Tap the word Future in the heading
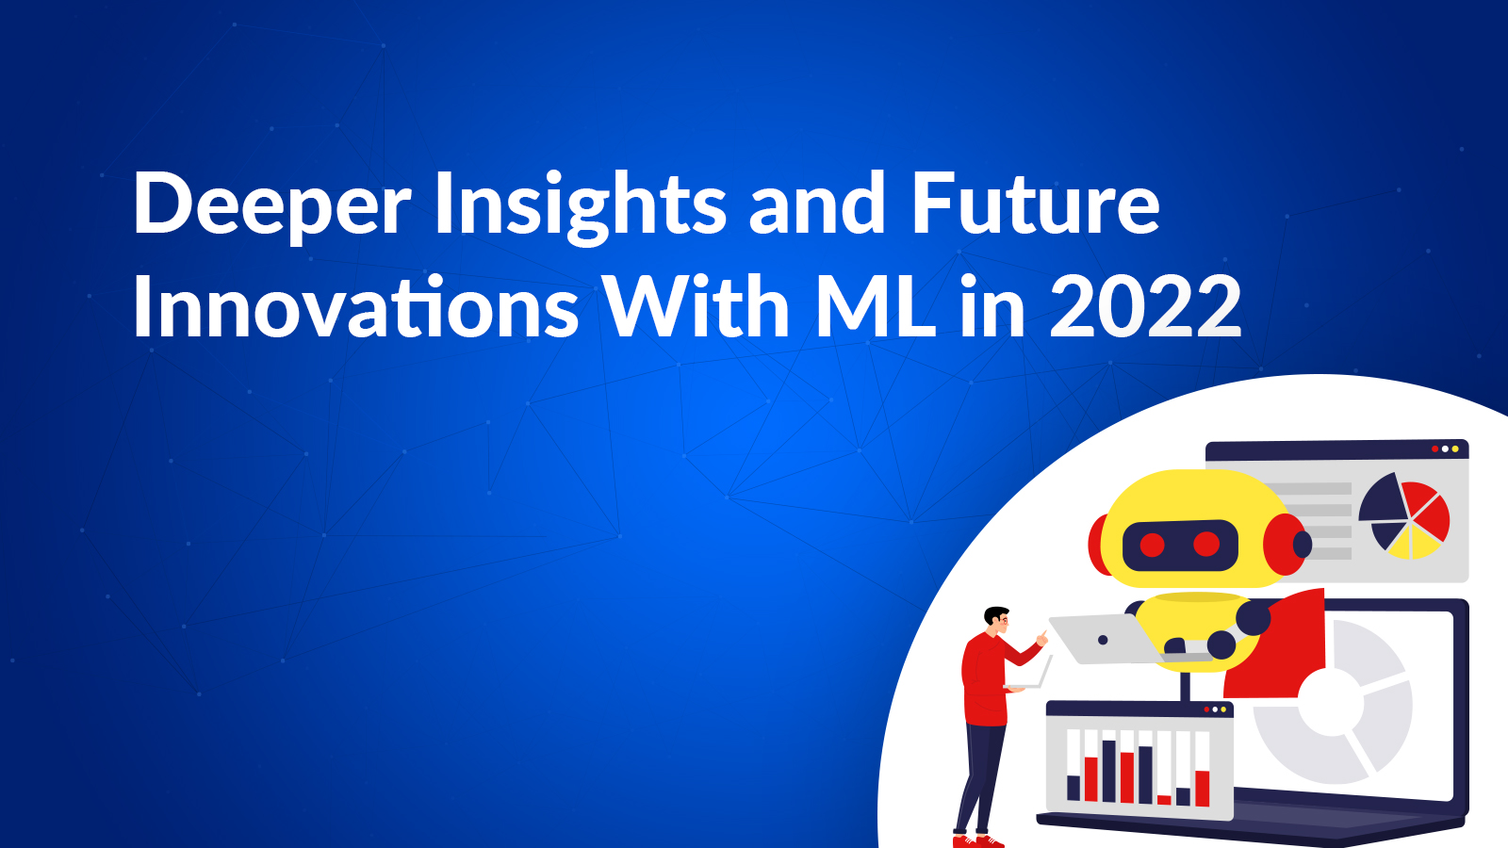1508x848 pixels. [1036, 202]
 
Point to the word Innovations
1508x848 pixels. [354, 306]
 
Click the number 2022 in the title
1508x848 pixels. [1145, 306]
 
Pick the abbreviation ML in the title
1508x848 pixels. [876, 306]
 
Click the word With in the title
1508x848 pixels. [697, 306]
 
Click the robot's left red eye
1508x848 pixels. [1152, 545]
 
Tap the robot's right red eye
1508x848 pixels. [1205, 544]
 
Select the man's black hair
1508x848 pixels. [995, 615]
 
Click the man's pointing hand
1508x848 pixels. [1042, 638]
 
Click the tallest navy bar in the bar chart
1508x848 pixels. [1108, 772]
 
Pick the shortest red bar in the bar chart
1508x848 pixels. [1164, 800]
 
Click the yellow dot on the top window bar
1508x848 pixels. [1455, 448]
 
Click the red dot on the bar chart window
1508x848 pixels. [1206, 709]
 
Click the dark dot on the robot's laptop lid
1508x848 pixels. [1103, 640]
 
